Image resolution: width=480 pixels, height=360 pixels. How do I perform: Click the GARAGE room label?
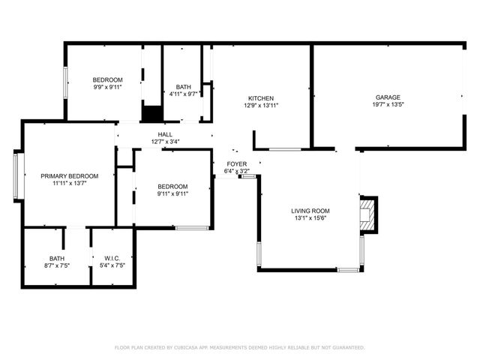pyautogui.click(x=388, y=97)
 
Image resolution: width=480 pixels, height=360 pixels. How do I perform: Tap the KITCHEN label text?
pyautogui.click(x=260, y=98)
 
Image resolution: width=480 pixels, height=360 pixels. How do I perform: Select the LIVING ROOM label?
pyautogui.click(x=310, y=211)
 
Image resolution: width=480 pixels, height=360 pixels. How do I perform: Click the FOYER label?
pyautogui.click(x=237, y=163)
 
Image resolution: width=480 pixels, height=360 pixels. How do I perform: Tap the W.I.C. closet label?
pyautogui.click(x=112, y=258)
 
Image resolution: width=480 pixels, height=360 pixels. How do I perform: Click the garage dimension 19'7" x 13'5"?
pyautogui.click(x=388, y=105)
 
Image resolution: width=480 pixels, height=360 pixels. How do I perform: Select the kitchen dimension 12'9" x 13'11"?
pyautogui.click(x=260, y=106)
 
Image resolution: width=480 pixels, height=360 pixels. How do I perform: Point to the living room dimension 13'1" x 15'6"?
pyautogui.click(x=310, y=218)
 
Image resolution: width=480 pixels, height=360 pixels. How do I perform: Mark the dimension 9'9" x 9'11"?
pyautogui.click(x=107, y=87)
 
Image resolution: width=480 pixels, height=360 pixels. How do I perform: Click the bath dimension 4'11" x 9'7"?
pyautogui.click(x=183, y=94)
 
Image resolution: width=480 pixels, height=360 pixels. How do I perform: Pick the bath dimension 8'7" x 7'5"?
pyautogui.click(x=57, y=265)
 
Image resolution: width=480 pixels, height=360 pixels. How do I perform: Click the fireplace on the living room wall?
pyautogui.click(x=367, y=214)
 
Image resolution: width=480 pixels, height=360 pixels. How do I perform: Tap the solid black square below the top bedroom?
pyautogui.click(x=152, y=113)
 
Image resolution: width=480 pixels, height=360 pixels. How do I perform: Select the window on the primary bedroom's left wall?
pyautogui.click(x=16, y=176)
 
